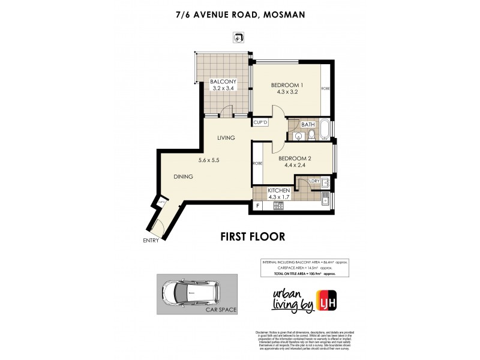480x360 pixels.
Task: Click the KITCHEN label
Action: (x=279, y=190)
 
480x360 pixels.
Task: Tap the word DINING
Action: (x=184, y=177)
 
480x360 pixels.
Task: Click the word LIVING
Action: (x=226, y=138)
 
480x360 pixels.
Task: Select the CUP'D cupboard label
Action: (x=260, y=122)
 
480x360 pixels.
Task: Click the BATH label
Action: (x=308, y=125)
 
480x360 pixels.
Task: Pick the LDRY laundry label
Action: (x=313, y=181)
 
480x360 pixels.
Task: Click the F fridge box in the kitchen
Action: (x=258, y=206)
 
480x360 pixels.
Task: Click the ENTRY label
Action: (x=151, y=242)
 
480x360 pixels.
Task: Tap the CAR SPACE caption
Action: (x=221, y=310)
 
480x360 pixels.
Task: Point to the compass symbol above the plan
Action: (x=238, y=38)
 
